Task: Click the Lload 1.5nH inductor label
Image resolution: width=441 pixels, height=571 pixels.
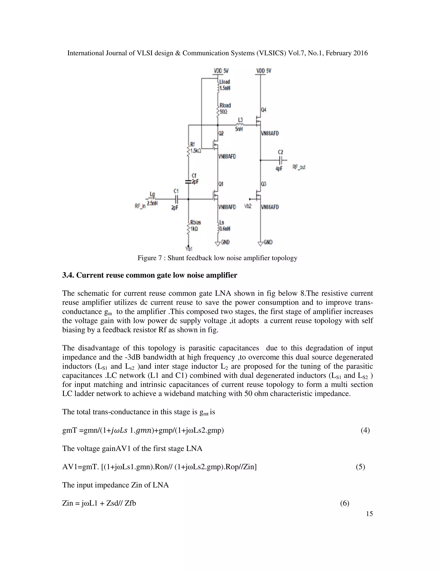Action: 225,85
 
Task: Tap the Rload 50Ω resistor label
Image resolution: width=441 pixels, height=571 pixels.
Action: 225,109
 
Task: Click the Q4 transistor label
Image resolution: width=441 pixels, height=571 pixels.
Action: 263,110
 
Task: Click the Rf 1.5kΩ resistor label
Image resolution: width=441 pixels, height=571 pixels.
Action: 195,148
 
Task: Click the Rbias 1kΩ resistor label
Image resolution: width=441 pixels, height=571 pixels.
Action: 196,225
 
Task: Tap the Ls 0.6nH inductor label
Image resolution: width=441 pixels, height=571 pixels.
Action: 225,225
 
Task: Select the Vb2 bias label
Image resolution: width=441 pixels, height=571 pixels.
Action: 248,206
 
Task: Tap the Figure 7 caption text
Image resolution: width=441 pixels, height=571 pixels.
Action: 217,258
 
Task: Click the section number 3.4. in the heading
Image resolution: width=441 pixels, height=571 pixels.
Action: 68,275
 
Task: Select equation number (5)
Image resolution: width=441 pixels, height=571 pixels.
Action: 360,467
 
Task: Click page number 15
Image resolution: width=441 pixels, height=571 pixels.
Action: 369,514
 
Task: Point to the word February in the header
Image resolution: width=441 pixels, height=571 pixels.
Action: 338,53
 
